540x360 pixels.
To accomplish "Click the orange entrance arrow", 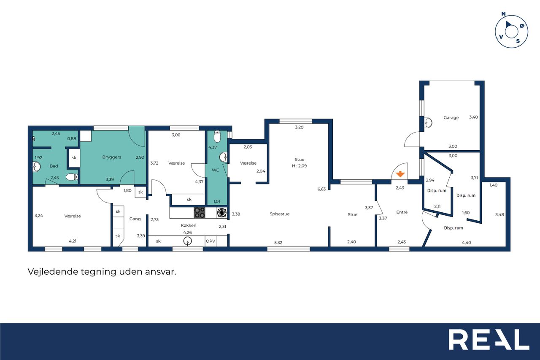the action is point(400,174).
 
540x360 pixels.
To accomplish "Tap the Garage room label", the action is point(451,118).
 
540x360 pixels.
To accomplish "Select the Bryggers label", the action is point(112,157).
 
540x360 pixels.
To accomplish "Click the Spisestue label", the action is point(279,214).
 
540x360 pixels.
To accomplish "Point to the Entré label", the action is point(402,212).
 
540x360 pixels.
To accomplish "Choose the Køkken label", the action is point(189,225).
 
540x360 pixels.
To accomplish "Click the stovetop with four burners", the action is point(200,213).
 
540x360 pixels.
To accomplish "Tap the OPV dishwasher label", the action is point(211,241).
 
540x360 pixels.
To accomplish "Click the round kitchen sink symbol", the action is point(188,241).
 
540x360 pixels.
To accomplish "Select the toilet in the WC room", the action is point(217,136).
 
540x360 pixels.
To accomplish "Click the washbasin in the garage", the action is point(428,123).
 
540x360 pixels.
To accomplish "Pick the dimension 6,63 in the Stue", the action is point(321,189).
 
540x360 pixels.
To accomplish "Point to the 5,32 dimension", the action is point(278,243).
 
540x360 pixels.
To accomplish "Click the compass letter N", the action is point(503,14).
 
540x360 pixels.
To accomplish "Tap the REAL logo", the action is point(489,339).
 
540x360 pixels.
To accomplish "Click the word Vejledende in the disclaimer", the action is point(53,271).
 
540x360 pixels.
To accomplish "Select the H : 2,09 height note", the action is point(299,166).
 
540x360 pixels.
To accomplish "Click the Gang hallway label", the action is point(135,219).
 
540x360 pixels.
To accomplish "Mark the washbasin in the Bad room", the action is point(36,167).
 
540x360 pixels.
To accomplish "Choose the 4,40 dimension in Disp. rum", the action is point(467,243).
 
